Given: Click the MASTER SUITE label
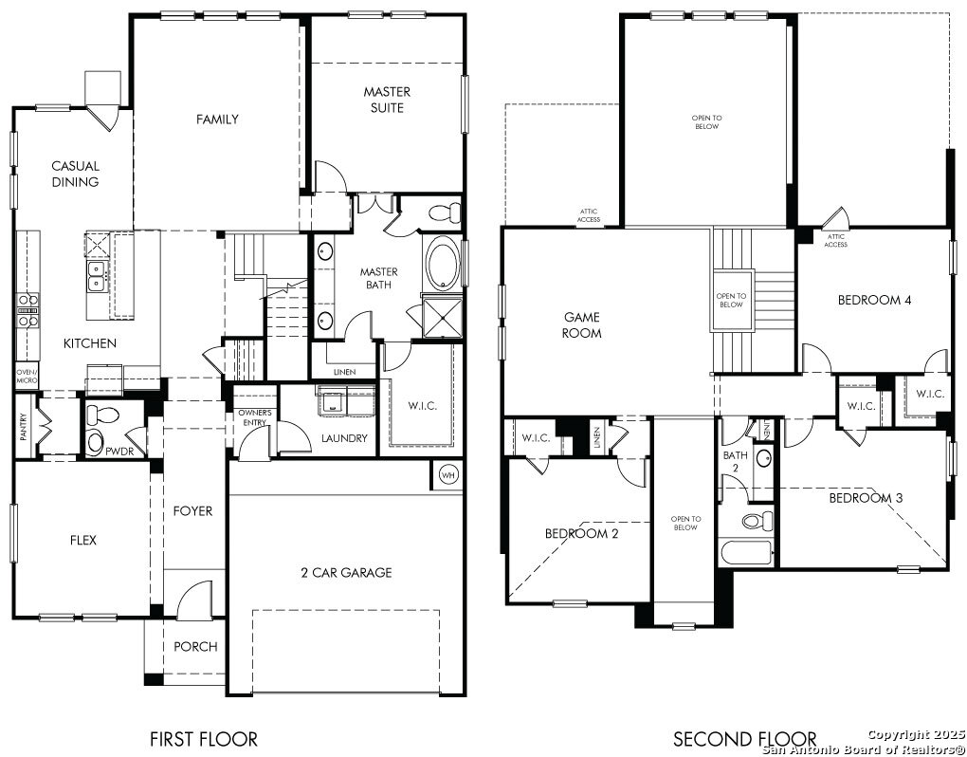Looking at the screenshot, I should [387, 100].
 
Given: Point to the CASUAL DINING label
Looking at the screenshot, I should [75, 174].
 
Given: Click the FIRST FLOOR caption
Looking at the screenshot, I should [203, 738].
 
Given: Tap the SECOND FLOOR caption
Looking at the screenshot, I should [744, 738].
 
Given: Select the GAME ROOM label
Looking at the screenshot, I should [582, 325].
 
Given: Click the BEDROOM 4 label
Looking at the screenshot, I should [874, 301].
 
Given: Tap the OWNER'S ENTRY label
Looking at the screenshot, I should [255, 417].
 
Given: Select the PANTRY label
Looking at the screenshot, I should [24, 428].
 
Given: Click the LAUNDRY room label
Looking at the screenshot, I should [344, 438].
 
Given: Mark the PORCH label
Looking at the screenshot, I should [195, 647].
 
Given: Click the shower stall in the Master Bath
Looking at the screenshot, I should [440, 317].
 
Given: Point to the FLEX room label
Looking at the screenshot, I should [82, 541].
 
